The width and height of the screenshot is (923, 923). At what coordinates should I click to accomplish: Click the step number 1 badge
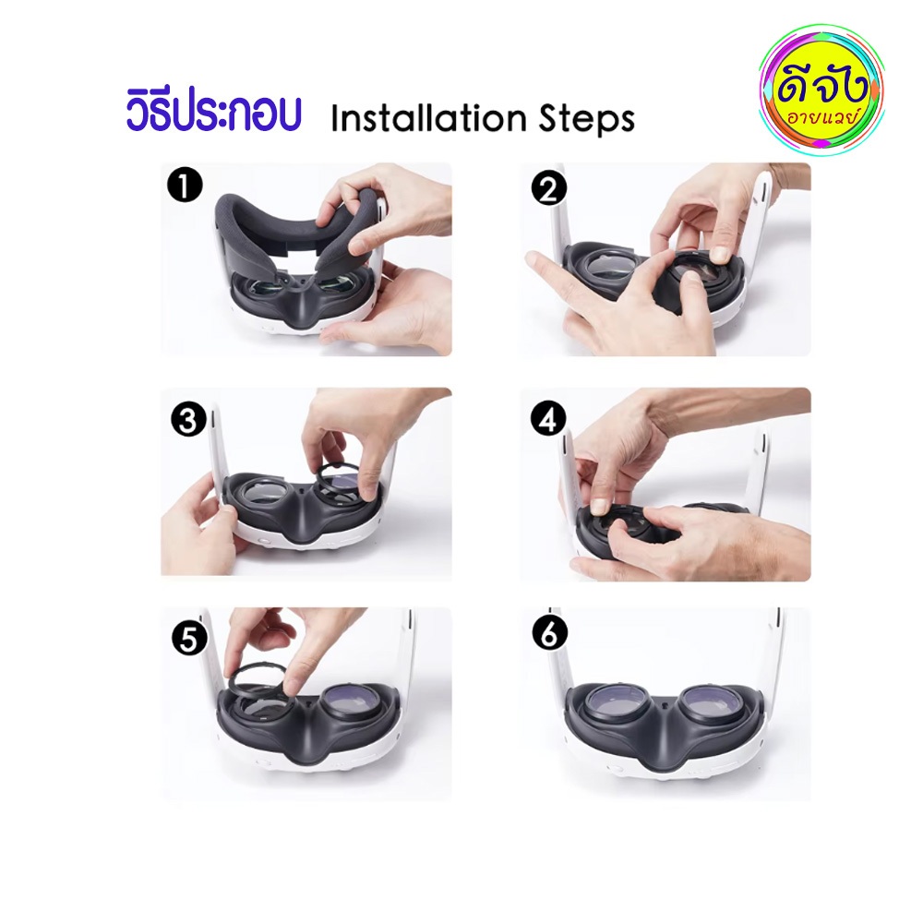185,186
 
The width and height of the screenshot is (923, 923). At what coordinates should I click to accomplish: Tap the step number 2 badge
548,189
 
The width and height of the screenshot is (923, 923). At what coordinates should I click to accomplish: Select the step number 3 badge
188,420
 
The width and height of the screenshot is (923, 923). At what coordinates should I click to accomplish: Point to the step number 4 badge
548,420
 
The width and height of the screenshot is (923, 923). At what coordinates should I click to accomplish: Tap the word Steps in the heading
587,120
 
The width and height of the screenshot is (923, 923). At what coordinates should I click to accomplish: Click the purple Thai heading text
214,112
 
